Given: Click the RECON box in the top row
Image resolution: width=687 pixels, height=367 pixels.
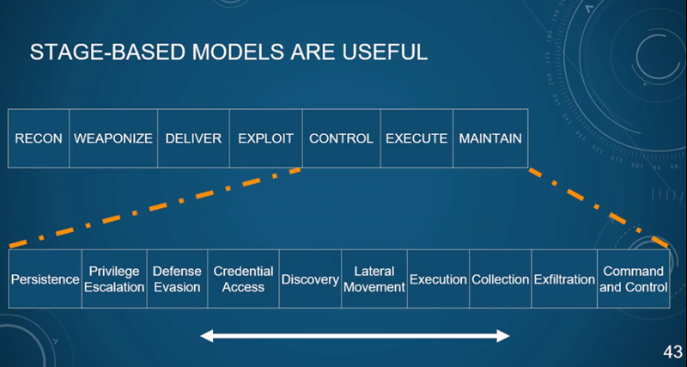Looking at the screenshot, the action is [39, 138].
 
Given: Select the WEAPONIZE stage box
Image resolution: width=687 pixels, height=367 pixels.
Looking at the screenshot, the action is [113, 138].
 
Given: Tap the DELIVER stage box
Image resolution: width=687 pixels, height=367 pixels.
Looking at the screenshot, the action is [194, 138].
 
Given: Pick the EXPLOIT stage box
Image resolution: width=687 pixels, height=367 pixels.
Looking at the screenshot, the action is [266, 138].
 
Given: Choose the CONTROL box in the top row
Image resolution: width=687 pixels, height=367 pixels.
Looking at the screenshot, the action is [341, 138].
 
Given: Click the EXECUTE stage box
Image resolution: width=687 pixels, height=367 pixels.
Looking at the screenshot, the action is [416, 138].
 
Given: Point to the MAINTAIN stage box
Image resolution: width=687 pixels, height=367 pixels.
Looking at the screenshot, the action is [490, 138].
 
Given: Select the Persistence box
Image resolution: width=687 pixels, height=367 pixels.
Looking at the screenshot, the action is [46, 278].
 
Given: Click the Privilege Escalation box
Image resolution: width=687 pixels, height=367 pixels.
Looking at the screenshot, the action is [114, 278].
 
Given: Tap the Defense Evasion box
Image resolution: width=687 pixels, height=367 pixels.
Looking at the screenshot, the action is [178, 278].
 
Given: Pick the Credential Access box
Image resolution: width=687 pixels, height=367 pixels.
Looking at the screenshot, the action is [243, 278].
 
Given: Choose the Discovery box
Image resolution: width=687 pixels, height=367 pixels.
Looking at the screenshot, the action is [310, 278].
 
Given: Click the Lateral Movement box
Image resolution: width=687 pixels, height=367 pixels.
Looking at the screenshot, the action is [374, 278].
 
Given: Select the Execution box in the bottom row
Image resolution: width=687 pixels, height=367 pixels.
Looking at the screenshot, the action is [438, 278].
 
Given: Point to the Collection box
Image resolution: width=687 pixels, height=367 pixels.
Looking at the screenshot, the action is [501, 278].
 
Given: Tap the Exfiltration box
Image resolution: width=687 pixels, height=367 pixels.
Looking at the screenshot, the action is [564, 278].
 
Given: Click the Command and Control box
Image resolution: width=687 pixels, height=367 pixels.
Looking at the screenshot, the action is [634, 278].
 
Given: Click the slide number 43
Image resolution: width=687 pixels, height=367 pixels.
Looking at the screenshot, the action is [673, 352].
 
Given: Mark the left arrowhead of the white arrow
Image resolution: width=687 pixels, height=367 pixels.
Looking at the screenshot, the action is [207, 336].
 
